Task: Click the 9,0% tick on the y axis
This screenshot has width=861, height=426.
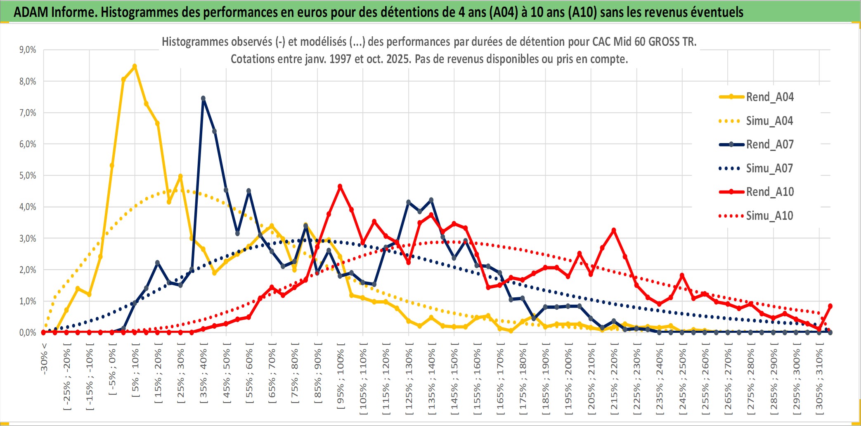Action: [28, 50]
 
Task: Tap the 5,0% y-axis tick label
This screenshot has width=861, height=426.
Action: [28, 176]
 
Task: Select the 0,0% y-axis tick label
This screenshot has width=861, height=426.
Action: [28, 333]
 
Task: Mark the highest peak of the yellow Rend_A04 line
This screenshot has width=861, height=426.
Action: [135, 66]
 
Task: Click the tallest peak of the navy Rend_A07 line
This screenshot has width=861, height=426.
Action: [203, 98]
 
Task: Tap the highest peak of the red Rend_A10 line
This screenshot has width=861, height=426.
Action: [340, 186]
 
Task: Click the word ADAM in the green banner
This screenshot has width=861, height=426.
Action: [31, 12]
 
